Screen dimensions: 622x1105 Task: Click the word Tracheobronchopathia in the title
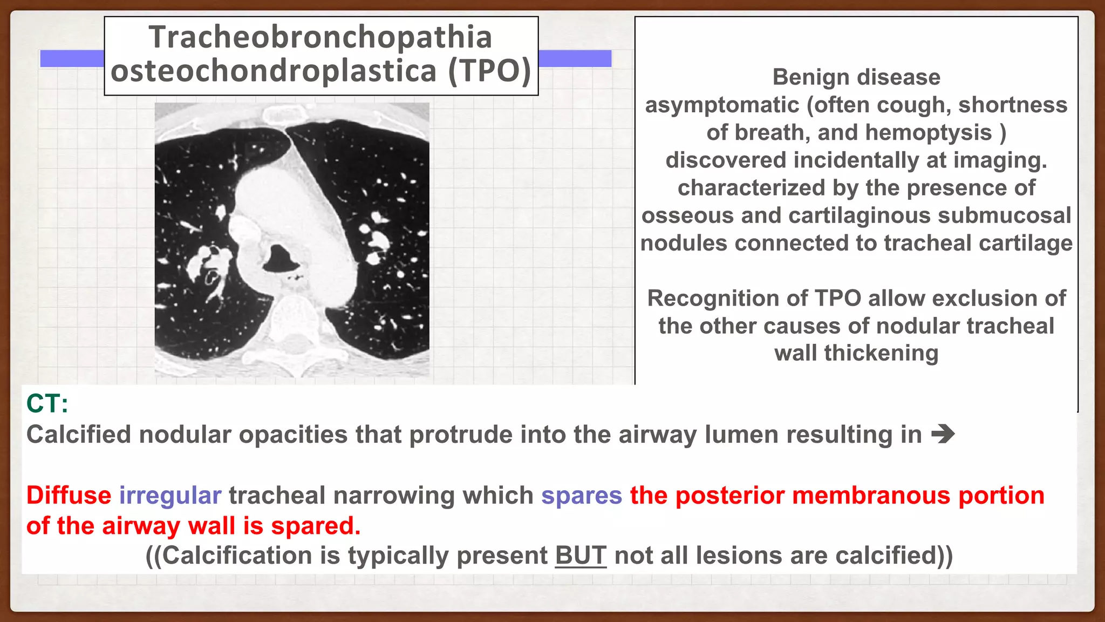(320, 37)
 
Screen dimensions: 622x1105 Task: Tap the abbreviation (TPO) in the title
(489, 71)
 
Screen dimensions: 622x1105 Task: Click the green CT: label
(47, 403)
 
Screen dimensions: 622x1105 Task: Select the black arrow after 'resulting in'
(943, 434)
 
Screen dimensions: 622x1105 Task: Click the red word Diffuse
(69, 495)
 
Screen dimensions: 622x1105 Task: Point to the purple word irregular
(170, 495)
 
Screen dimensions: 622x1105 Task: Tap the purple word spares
(582, 495)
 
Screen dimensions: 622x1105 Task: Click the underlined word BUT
(581, 556)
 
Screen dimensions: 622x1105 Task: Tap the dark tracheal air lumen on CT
(281, 258)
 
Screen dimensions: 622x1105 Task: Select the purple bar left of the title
(72, 58)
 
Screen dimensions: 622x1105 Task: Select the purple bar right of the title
(575, 58)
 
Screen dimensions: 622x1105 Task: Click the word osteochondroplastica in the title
(274, 71)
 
